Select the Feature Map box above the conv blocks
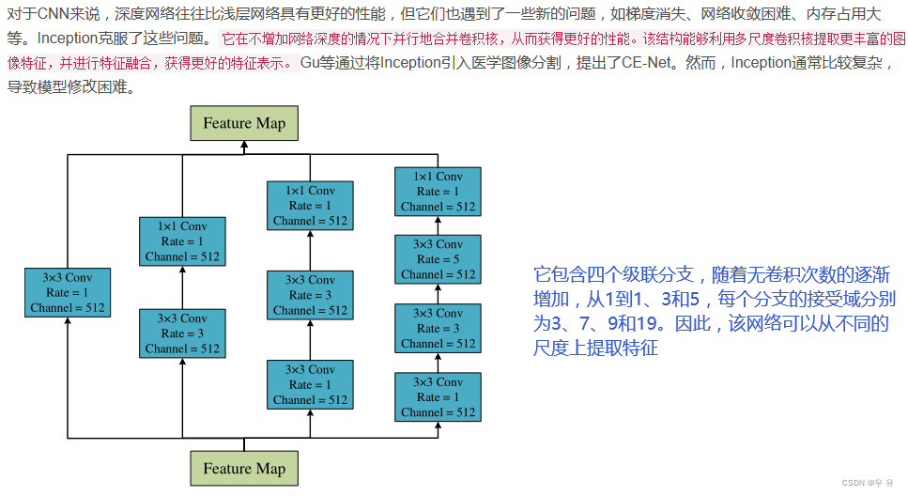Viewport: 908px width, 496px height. [x=244, y=123]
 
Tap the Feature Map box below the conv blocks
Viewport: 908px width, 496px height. [x=244, y=469]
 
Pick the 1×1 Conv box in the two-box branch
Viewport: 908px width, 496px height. [x=182, y=240]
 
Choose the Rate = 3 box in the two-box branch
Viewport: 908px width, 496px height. [x=182, y=333]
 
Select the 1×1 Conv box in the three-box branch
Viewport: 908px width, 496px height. [x=311, y=206]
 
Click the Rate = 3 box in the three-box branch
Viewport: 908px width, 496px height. [x=311, y=295]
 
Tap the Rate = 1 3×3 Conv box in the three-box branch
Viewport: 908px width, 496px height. [x=311, y=384]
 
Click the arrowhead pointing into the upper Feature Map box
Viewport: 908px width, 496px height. [x=244, y=146]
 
